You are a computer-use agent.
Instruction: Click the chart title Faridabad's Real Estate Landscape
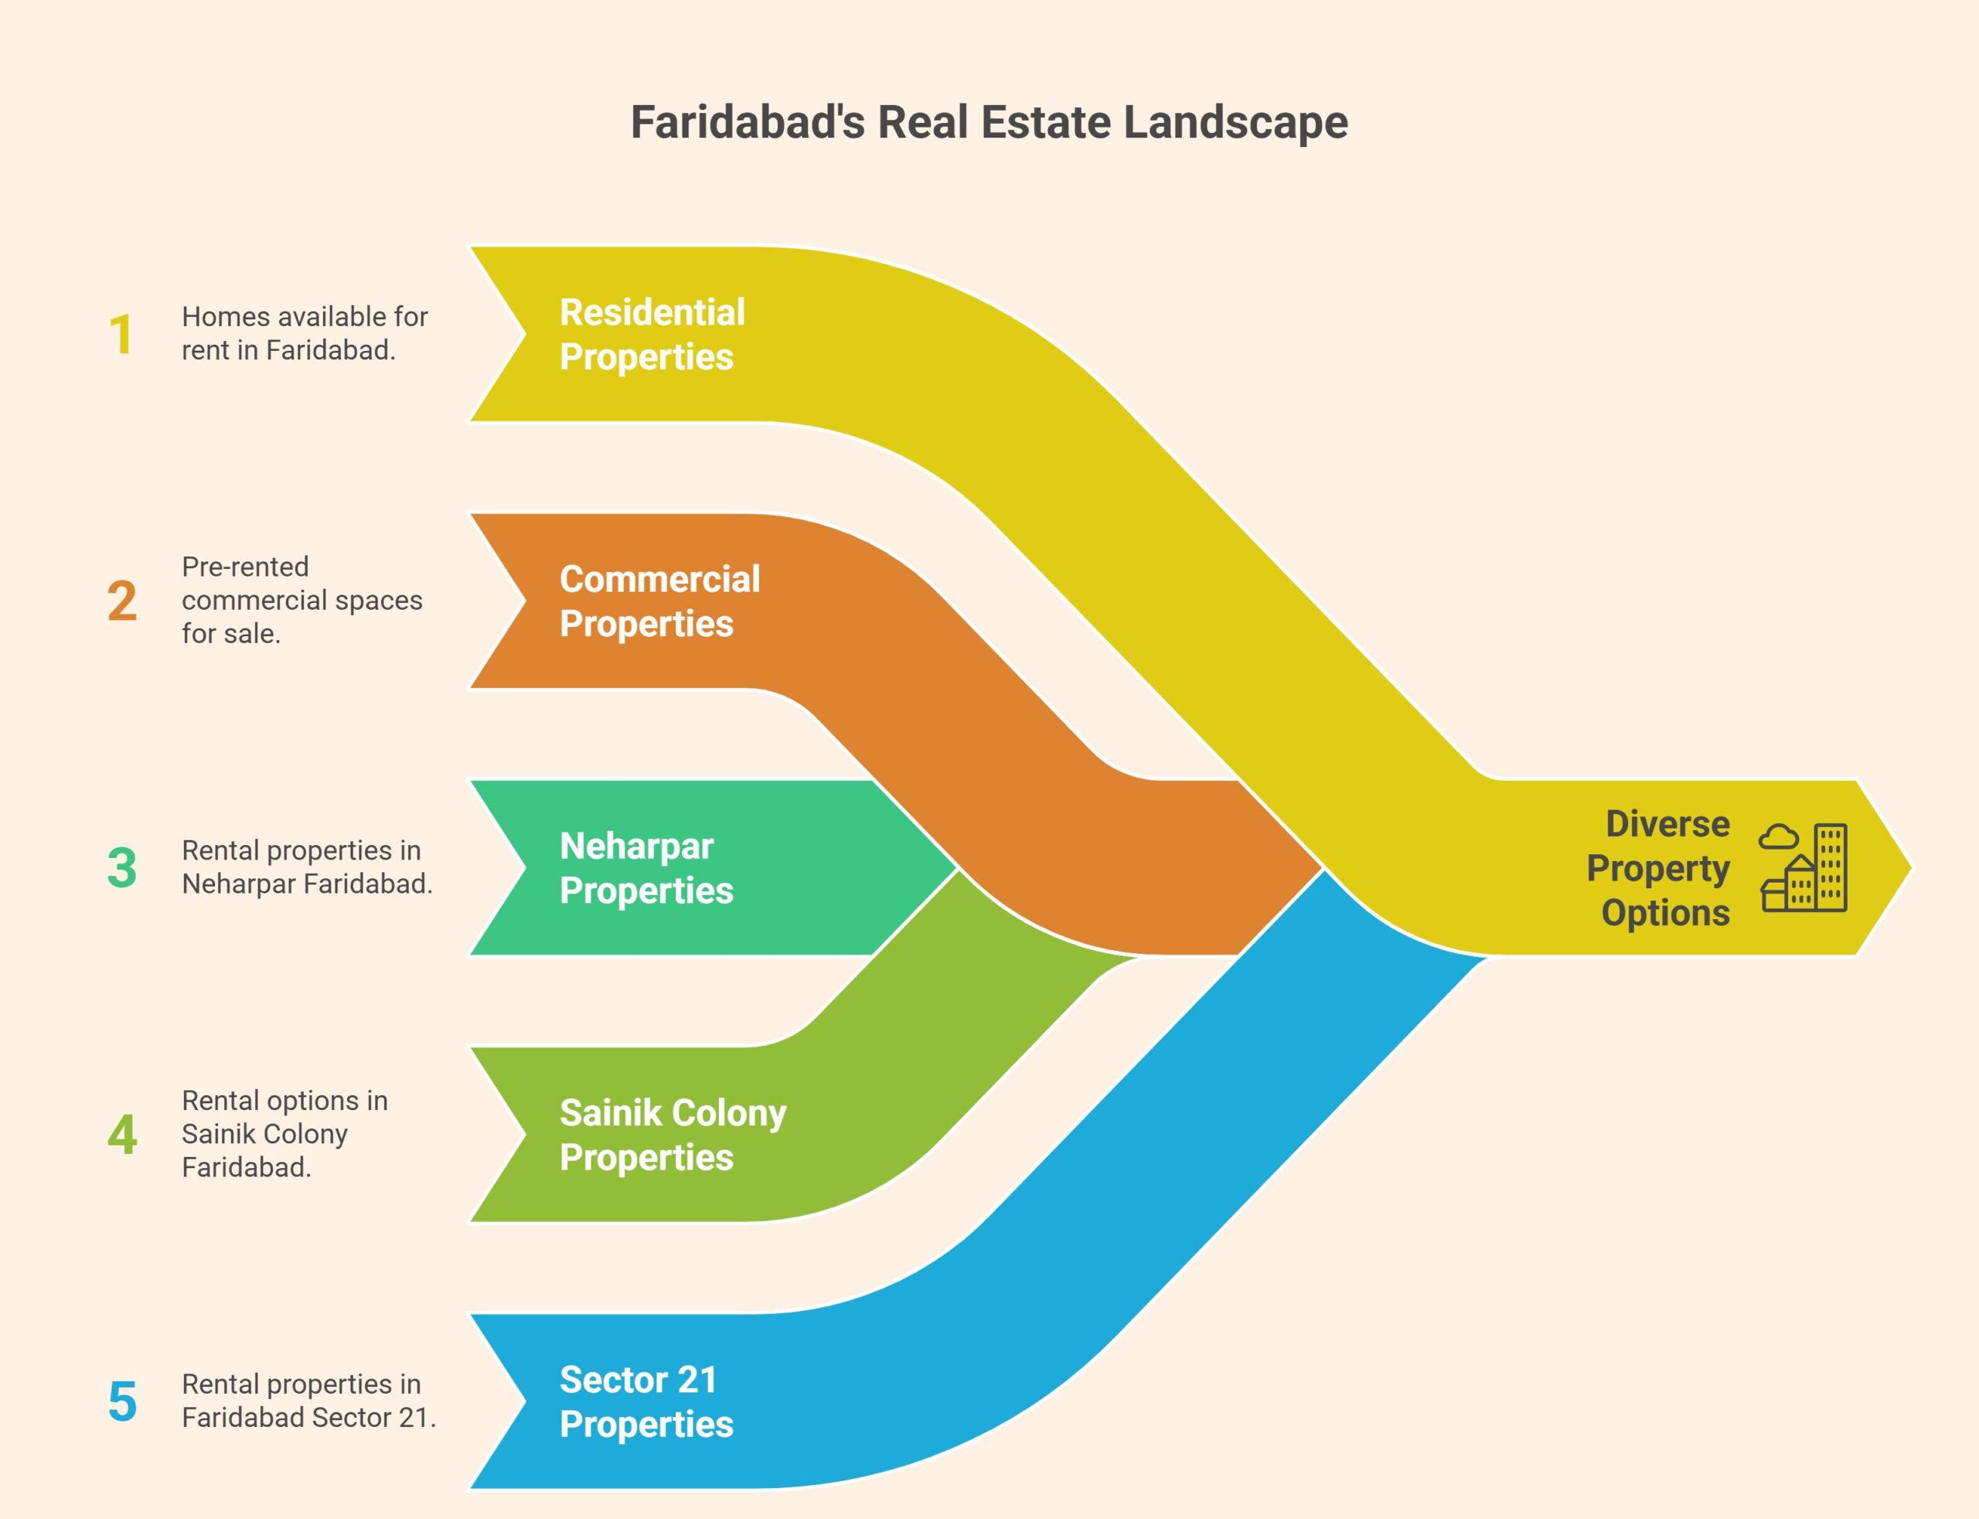tap(988, 122)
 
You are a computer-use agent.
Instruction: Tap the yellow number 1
tap(121, 335)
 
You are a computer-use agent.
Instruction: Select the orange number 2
tap(122, 601)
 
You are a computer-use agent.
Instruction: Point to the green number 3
tap(122, 868)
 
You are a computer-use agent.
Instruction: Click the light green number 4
tap(122, 1135)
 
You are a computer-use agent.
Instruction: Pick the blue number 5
tap(122, 1401)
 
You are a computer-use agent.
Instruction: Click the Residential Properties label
tap(652, 335)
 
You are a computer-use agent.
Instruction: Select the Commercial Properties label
tap(659, 601)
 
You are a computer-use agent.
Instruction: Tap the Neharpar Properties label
tap(645, 868)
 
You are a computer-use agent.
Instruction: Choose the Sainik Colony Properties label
tap(673, 1135)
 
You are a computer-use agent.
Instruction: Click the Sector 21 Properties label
tap(645, 1401)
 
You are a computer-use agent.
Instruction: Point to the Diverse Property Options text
tap(1659, 868)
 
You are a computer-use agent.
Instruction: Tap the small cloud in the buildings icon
tap(1777, 836)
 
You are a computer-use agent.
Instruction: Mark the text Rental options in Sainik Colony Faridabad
tap(284, 1134)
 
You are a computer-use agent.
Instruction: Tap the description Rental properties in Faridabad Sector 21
tap(308, 1401)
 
